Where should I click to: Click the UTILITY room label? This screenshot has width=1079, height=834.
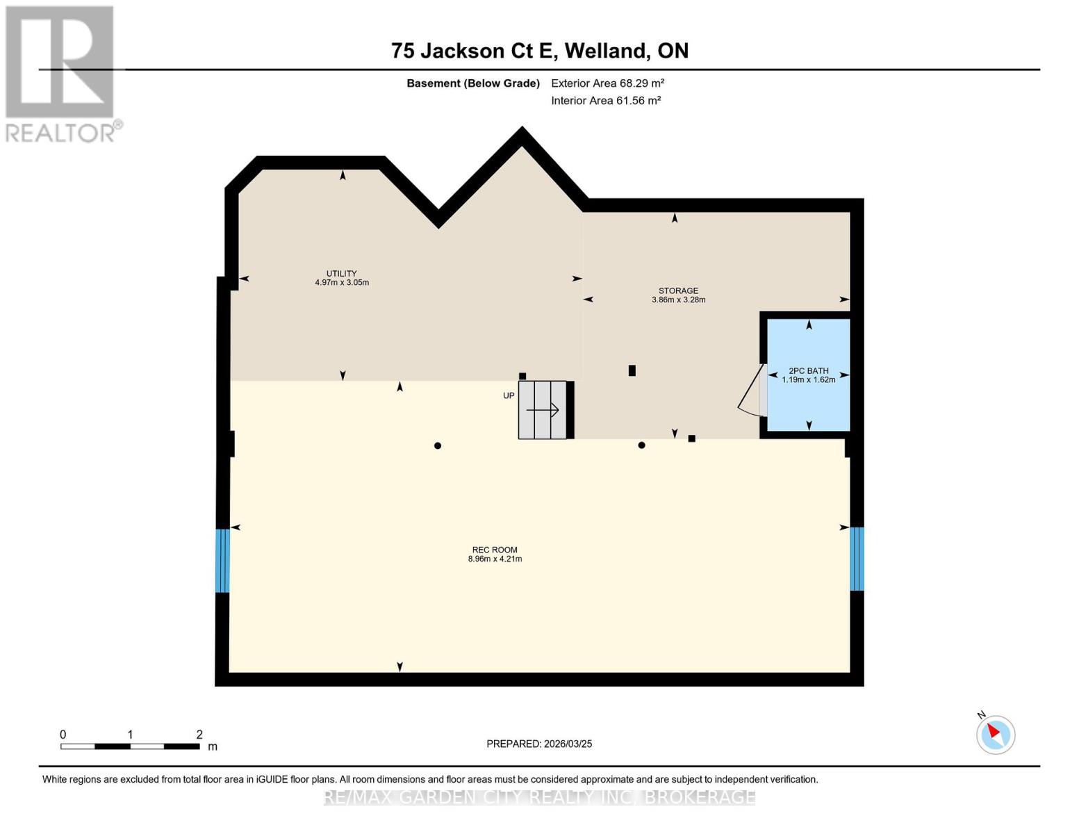(341, 273)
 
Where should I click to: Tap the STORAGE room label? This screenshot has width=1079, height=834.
(678, 291)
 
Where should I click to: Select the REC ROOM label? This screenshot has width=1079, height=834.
(495, 550)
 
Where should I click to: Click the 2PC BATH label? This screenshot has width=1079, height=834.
(808, 370)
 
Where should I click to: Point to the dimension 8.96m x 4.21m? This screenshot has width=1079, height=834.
(495, 559)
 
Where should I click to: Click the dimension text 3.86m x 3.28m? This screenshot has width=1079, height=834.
(678, 300)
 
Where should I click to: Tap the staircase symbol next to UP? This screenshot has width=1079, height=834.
(545, 410)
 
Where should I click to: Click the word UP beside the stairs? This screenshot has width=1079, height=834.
(509, 395)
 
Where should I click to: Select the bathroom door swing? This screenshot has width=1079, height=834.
(750, 393)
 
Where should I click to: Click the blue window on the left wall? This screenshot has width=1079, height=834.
(222, 560)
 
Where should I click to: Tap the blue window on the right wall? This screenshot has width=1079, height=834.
(857, 558)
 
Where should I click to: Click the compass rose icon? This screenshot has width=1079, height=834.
(995, 734)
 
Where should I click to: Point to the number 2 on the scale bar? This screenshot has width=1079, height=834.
(199, 734)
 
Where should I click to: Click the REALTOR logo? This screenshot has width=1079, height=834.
(60, 73)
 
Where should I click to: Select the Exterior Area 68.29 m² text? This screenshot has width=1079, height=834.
(607, 83)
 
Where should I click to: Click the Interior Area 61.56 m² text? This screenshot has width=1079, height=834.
(605, 100)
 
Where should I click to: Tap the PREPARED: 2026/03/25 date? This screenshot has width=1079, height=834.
(539, 744)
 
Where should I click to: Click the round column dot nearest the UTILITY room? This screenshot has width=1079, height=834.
(438, 445)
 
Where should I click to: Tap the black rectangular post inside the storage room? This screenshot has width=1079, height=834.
(632, 370)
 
